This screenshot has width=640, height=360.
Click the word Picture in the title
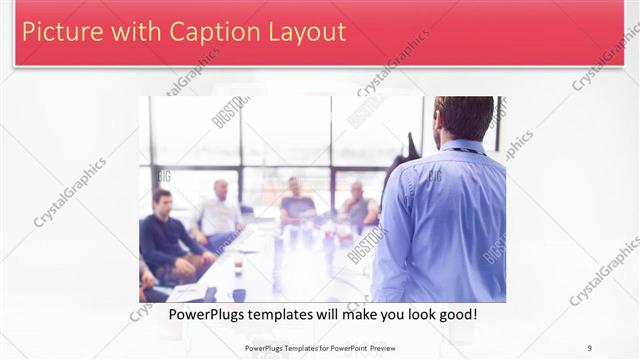coord(60,31)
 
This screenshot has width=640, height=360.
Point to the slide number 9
coord(590,347)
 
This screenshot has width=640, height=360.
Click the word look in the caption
coord(408,314)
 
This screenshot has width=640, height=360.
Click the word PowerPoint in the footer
coord(346,347)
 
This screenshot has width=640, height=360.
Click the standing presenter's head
coord(464,117)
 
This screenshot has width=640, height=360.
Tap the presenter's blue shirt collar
coord(463,148)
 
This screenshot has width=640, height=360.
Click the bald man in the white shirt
coord(220,212)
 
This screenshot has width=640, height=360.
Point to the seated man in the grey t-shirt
coord(297,204)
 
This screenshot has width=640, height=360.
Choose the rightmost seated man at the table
coord(358,208)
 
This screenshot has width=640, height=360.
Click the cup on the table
coord(238,267)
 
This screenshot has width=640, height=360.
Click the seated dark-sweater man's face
coord(161,201)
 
